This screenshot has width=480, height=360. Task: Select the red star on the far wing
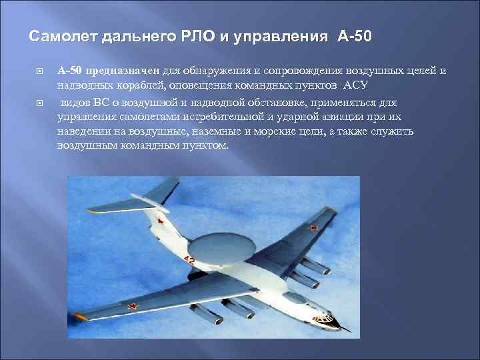coord(314,229)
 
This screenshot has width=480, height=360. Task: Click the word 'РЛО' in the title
coord(200,35)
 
